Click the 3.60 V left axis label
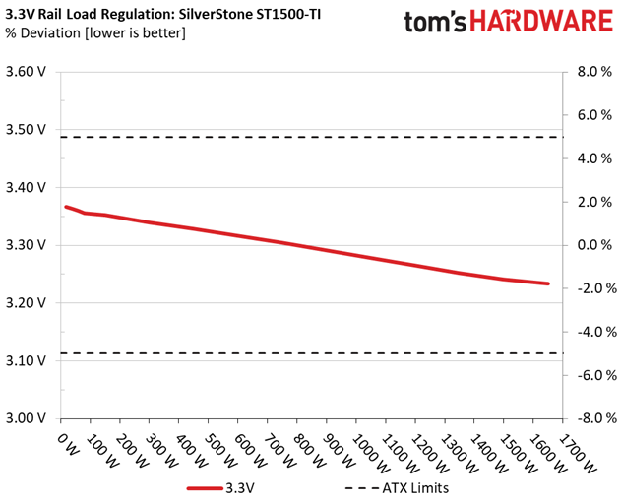pos(26,72)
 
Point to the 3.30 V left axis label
pos(26,245)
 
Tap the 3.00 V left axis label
pos(26,418)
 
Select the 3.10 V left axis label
pos(26,360)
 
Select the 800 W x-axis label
pos(309,451)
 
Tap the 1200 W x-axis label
pos(429,454)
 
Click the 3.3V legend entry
pos(220,488)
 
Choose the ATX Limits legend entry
pos(397,488)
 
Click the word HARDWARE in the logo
pos(541,21)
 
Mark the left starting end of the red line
pos(66,207)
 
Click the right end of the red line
pos(548,283)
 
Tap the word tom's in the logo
pos(435,22)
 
